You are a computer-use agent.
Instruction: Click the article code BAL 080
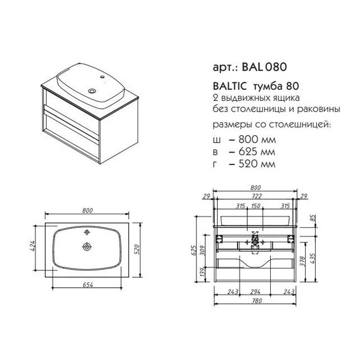click(264, 67)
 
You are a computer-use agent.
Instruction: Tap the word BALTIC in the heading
click(230, 86)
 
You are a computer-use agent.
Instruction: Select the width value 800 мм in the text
click(257, 140)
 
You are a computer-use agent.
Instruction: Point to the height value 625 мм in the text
click(257, 152)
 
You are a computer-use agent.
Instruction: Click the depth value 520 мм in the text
click(257, 164)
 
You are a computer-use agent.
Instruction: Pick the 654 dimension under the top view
click(87, 285)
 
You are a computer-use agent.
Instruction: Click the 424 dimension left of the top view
click(33, 246)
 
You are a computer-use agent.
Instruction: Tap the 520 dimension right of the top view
click(136, 250)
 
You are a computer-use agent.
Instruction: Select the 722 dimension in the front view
click(256, 196)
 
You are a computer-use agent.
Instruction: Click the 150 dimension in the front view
click(256, 206)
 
